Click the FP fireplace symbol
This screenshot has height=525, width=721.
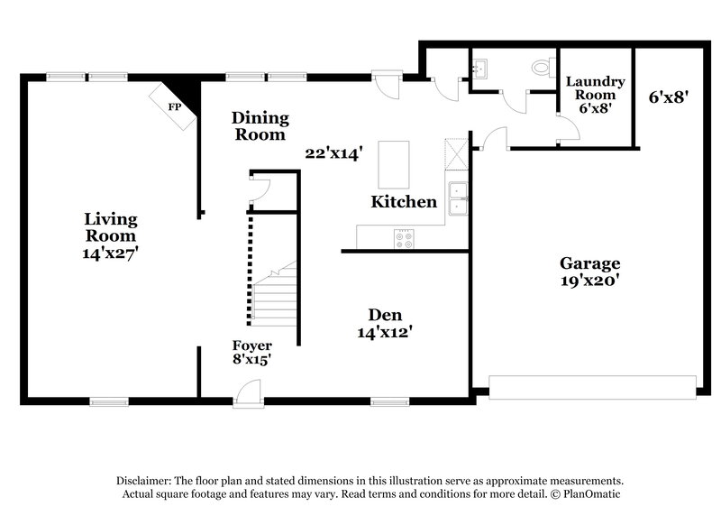tap(174, 106)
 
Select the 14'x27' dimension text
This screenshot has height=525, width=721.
tap(110, 254)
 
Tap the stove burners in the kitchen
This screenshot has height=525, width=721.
tap(403, 239)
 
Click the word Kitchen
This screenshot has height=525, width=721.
tap(404, 202)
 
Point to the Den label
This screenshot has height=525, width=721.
tap(385, 315)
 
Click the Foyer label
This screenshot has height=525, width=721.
tap(252, 345)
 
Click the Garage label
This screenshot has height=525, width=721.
tap(590, 264)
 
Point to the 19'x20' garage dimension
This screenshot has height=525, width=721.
tap(590, 281)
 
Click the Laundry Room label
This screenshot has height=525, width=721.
tap(595, 87)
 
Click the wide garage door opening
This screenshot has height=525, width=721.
tap(592, 385)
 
